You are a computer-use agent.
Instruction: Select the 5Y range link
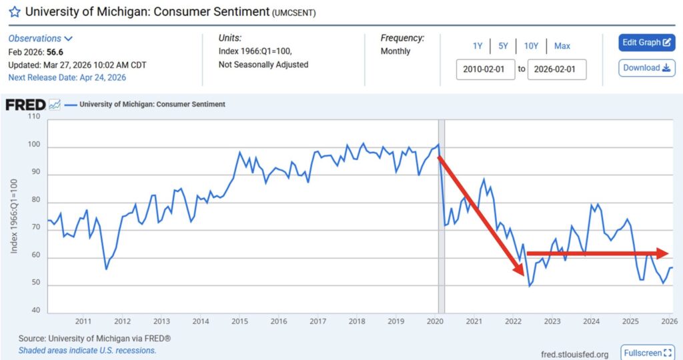click(503, 46)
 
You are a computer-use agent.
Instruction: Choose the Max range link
click(562, 46)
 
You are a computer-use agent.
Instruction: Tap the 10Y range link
click(531, 46)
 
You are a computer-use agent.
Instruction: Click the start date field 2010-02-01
click(486, 69)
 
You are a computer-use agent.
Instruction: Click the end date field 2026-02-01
click(557, 69)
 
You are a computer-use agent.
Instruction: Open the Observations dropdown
click(40, 39)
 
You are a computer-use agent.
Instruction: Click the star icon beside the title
click(14, 12)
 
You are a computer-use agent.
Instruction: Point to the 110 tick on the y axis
click(34, 117)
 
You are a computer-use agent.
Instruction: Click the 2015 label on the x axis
click(239, 322)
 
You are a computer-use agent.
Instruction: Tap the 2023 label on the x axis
click(552, 322)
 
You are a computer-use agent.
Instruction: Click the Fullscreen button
click(647, 353)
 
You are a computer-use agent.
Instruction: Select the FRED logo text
click(25, 105)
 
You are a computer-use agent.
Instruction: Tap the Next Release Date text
click(67, 77)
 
